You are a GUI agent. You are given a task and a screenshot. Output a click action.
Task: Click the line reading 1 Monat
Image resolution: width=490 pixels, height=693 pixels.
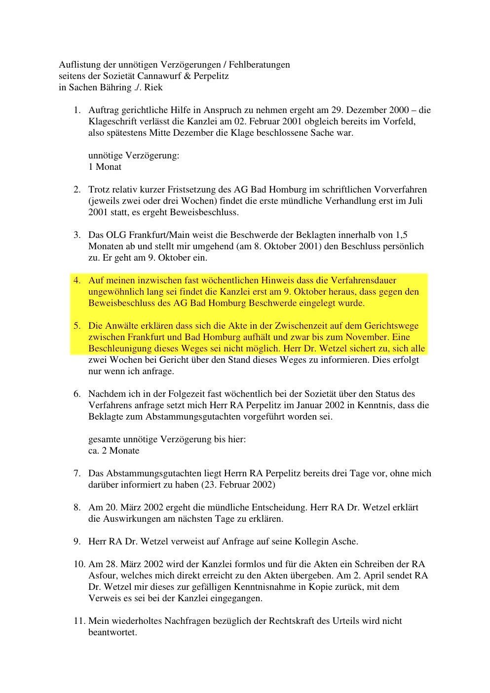pyautogui.click(x=105, y=167)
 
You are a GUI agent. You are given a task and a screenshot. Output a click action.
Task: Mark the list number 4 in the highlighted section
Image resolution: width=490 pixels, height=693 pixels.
pyautogui.click(x=77, y=280)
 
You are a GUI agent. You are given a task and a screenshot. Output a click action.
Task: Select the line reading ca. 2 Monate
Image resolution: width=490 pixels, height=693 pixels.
pyautogui.click(x=114, y=451)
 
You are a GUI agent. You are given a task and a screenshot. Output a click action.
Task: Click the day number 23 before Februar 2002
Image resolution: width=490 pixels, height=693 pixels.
pyautogui.click(x=209, y=485)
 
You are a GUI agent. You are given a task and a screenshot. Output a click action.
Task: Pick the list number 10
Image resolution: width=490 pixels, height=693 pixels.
pyautogui.click(x=79, y=564)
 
